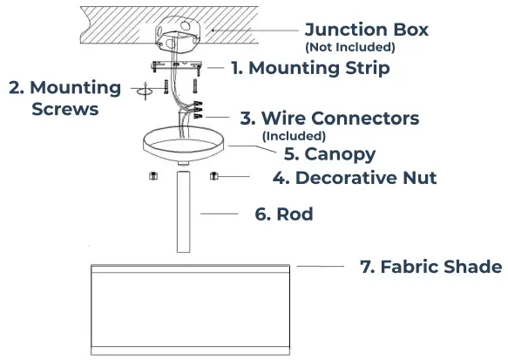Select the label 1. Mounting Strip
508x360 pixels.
pyautogui.click(x=310, y=66)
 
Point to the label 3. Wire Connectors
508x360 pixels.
pyautogui.click(x=329, y=118)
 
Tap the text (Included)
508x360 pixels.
pyautogui.click(x=294, y=135)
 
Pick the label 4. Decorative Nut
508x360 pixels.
pyautogui.click(x=354, y=178)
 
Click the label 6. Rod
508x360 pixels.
pyautogui.click(x=283, y=214)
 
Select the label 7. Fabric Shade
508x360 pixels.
pyautogui.click(x=430, y=266)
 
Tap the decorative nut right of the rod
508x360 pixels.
pyautogui.click(x=213, y=176)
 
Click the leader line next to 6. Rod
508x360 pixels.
pyautogui.click(x=219, y=214)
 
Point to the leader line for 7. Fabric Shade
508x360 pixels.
pyautogui.click(x=320, y=265)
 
